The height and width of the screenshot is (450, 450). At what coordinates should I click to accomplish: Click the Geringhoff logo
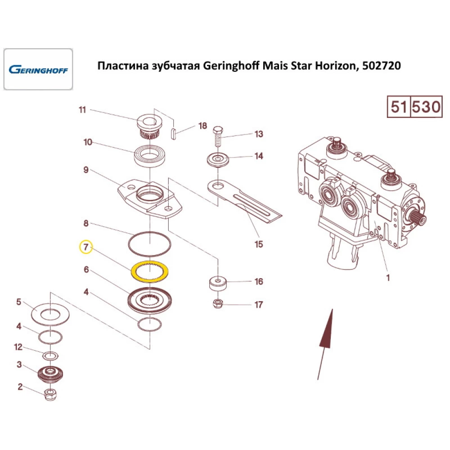38,70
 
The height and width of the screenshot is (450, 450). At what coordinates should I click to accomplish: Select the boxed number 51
399,108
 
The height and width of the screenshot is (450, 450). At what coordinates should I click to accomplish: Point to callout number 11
82,110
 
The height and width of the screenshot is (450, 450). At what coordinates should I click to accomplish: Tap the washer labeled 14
218,160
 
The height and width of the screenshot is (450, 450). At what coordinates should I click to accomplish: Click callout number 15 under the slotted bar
258,244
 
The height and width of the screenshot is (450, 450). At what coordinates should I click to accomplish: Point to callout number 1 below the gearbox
388,278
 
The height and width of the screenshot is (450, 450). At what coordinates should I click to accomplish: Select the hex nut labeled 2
50,396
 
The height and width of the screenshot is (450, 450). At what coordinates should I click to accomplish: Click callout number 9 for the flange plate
85,171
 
